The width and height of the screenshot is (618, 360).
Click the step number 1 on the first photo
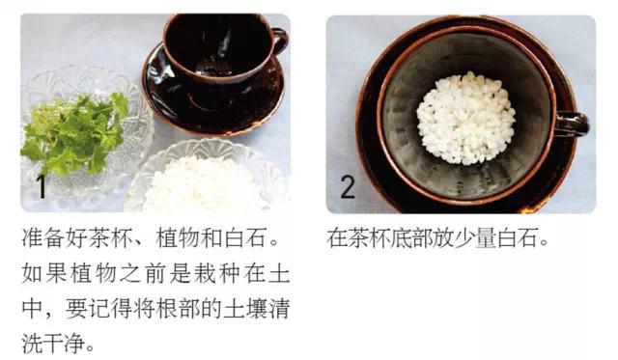point(42,186)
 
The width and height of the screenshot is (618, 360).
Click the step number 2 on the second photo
point(348,186)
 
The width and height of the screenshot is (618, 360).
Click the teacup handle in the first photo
point(280,41)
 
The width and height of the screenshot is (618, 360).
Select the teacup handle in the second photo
point(573,125)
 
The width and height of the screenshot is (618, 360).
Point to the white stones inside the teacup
point(465,118)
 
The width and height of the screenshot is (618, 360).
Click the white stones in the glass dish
point(205,184)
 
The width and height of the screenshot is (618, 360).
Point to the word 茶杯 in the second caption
point(370,237)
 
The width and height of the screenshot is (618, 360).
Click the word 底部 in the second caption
point(413,237)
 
